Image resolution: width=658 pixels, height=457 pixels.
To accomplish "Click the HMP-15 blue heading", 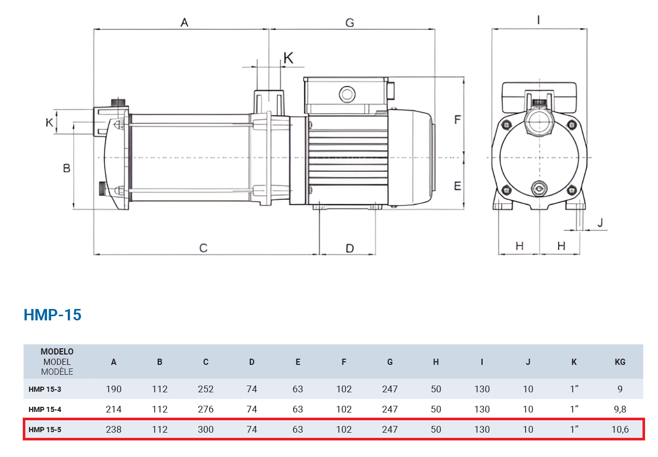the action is (x=52, y=315).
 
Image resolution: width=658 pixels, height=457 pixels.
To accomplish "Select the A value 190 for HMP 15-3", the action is (x=114, y=389).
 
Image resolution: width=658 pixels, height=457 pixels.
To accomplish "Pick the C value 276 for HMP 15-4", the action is (x=206, y=409).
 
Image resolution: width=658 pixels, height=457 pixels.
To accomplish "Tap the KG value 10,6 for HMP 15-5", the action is (x=620, y=430).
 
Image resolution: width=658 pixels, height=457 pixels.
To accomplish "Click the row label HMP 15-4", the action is (x=45, y=409).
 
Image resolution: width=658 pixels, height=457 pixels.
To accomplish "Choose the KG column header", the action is (x=620, y=362).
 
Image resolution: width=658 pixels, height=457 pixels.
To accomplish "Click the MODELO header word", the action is (x=57, y=351).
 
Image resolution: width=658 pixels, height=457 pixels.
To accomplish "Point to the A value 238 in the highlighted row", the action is (x=114, y=430).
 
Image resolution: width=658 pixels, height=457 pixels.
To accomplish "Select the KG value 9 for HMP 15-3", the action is (x=620, y=389).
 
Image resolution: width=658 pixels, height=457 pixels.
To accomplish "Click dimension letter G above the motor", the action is (x=350, y=23).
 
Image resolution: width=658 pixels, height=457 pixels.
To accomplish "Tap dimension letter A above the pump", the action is (x=184, y=22).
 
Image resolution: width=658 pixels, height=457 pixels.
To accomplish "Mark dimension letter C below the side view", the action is (x=203, y=248).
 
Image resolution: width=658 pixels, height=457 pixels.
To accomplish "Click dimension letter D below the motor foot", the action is (x=350, y=248).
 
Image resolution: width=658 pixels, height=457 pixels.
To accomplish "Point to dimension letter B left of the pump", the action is (x=67, y=168).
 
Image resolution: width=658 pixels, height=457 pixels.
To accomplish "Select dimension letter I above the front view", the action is (x=539, y=20).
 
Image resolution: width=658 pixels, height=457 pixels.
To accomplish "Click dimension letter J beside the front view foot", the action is (x=601, y=223).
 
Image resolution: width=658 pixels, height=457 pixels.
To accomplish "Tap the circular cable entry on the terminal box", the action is (x=347, y=94).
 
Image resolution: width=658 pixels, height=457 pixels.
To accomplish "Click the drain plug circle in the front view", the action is (x=539, y=188).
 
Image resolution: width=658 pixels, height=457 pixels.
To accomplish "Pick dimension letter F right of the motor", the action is (x=457, y=120).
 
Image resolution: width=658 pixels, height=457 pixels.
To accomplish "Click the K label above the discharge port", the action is (x=288, y=58).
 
